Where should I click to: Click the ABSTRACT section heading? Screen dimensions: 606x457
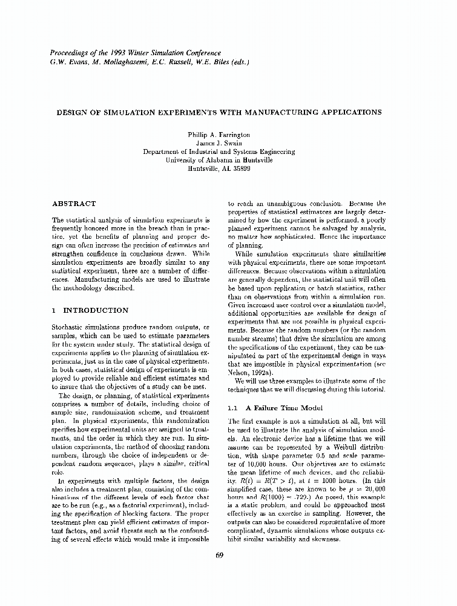point(74,204)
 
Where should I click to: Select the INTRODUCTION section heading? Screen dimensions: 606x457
point(96,310)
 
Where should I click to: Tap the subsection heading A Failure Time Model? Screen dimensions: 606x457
point(281,407)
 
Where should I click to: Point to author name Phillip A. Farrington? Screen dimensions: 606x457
point(219,135)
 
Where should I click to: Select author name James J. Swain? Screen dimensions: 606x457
point(219,143)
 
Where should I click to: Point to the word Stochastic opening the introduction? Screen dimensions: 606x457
point(70,328)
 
